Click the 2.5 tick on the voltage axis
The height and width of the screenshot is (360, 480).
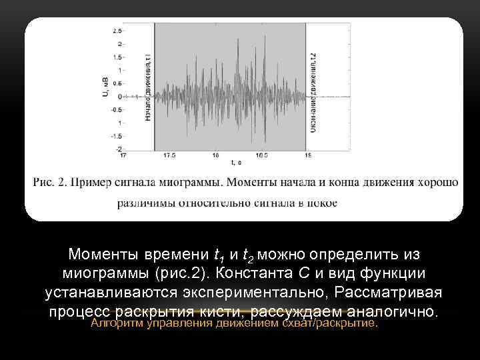[x=117, y=31]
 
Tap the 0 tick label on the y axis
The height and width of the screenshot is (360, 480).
[x=119, y=96]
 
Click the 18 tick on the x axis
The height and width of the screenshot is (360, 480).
[x=215, y=155]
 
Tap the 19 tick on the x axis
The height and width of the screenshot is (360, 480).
[x=307, y=155]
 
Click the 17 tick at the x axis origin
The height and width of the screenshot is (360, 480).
[x=123, y=155]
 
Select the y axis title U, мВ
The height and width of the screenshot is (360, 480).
[x=105, y=89]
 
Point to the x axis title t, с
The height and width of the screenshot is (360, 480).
[x=236, y=162]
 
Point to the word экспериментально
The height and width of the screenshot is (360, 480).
[x=259, y=293]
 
